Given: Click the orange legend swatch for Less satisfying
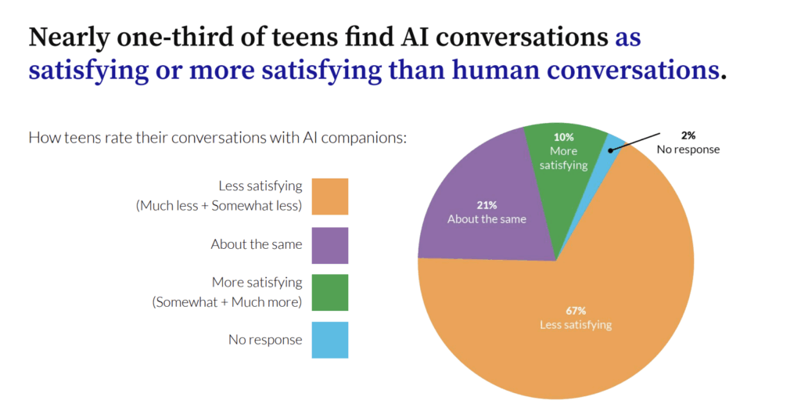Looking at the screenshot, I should [x=329, y=196].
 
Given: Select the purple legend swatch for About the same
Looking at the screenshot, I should [x=329, y=244].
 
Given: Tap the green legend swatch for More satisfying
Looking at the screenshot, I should [x=329, y=292].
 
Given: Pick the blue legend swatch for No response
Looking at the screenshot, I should [x=329, y=340].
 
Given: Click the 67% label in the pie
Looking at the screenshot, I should [x=575, y=311].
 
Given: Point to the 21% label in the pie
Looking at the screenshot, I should [x=487, y=206].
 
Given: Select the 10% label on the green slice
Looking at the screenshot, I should [x=563, y=138].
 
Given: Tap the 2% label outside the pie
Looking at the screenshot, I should [x=688, y=135].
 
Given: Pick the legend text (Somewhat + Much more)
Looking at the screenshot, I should [x=227, y=301].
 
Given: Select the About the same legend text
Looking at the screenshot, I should [x=256, y=244].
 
